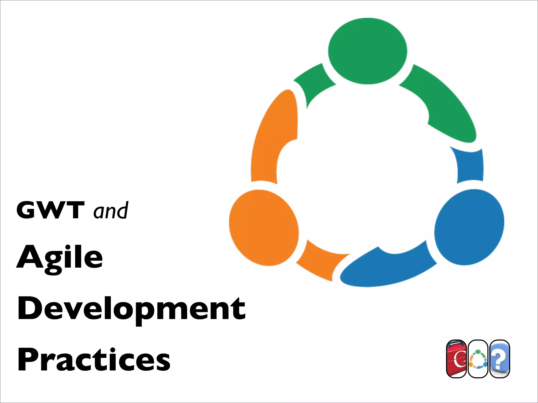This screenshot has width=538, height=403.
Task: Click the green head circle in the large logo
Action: click(x=368, y=51)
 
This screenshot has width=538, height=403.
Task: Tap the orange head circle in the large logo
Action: click(x=264, y=228)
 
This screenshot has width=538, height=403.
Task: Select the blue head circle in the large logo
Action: click(x=469, y=227)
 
